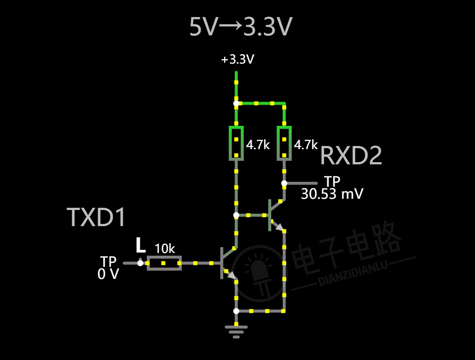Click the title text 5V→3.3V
pyautogui.click(x=241, y=28)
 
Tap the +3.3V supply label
pyautogui.click(x=237, y=60)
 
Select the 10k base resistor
pyautogui.click(x=164, y=263)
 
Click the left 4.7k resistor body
pyautogui.click(x=236, y=143)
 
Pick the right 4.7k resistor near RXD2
pyautogui.click(x=284, y=143)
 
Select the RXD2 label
pyautogui.click(x=351, y=156)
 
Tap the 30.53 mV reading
pyautogui.click(x=332, y=194)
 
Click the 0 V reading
pyautogui.click(x=108, y=274)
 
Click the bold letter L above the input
pyautogui.click(x=141, y=245)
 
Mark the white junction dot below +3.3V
pyautogui.click(x=236, y=103)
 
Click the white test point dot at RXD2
pyautogui.click(x=284, y=183)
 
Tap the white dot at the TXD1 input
pyautogui.click(x=140, y=263)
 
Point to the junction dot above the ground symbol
pyautogui.click(x=236, y=311)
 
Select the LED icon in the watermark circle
pyautogui.click(x=257, y=274)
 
